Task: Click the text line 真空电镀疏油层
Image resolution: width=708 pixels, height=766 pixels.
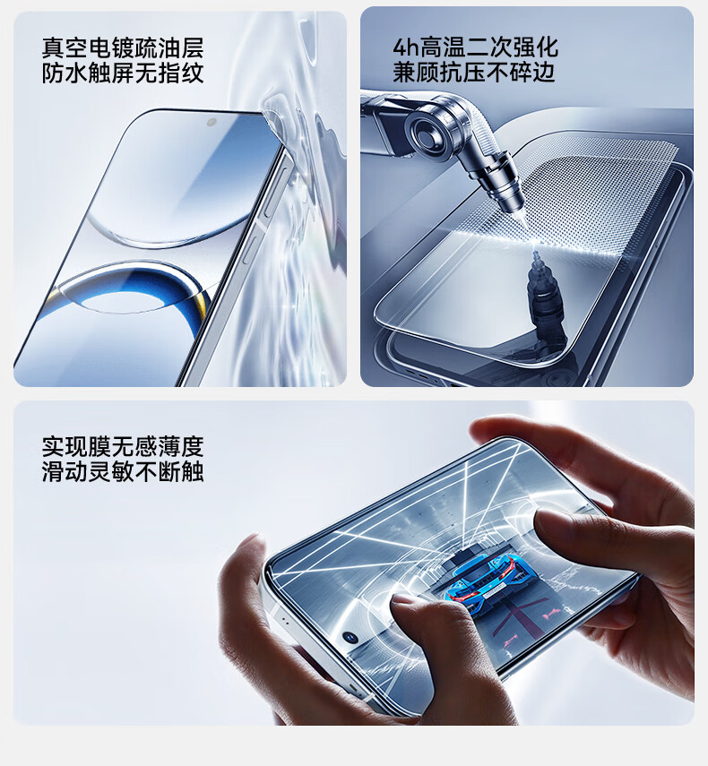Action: coord(123,47)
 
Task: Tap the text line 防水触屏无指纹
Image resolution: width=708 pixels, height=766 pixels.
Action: coord(123,73)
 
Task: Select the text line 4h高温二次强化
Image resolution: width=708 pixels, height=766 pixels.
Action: coord(475,47)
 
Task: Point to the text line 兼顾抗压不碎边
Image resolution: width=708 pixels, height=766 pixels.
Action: coord(474,73)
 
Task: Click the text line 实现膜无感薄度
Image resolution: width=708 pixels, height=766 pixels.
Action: coord(123,446)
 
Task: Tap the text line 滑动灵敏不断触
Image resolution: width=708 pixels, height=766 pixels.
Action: coord(123,472)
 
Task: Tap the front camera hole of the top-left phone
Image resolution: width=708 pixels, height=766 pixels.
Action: coord(212,122)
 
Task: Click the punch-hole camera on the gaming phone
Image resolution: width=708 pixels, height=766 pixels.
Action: coord(350,637)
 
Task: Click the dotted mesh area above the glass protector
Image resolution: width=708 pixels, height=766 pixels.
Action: coord(572,195)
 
